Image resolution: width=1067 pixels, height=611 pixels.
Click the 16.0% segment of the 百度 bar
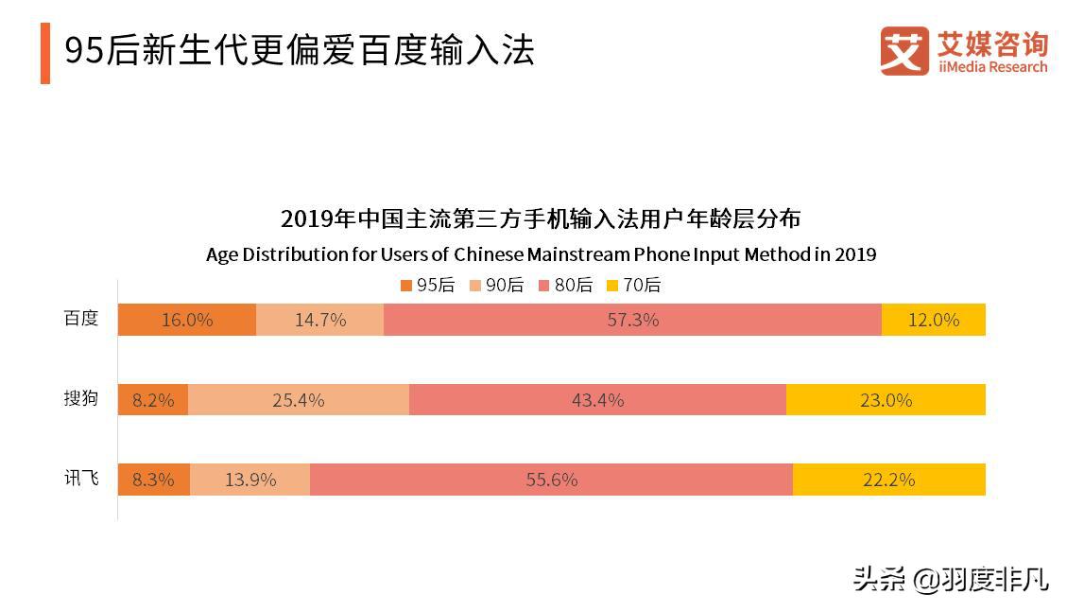click(x=186, y=320)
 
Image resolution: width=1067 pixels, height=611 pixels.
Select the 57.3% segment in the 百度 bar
click(x=632, y=320)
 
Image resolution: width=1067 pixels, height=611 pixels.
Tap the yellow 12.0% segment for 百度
click(x=933, y=320)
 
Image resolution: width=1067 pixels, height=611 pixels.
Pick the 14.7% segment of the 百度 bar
click(x=319, y=320)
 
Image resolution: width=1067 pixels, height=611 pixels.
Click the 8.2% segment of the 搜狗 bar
click(x=153, y=400)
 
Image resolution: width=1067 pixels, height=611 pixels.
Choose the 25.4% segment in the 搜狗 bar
click(x=298, y=400)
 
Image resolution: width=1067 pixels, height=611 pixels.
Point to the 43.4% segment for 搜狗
click(x=597, y=400)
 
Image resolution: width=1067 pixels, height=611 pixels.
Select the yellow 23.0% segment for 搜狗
click(x=886, y=400)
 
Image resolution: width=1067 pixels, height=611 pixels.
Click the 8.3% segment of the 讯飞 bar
click(x=153, y=480)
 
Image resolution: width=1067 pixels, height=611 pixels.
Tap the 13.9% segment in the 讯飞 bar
click(x=250, y=480)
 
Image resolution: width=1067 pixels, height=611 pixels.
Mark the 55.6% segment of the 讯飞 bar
click(x=551, y=480)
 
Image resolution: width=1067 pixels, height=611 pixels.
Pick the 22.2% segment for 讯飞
click(x=888, y=480)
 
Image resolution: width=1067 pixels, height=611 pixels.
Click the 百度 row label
click(x=80, y=319)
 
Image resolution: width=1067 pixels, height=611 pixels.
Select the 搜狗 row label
click(x=80, y=398)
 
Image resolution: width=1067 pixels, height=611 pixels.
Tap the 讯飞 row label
click(x=80, y=479)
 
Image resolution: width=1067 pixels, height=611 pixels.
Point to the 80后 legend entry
click(x=565, y=285)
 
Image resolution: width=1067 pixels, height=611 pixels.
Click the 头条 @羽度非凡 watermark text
click(x=950, y=578)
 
